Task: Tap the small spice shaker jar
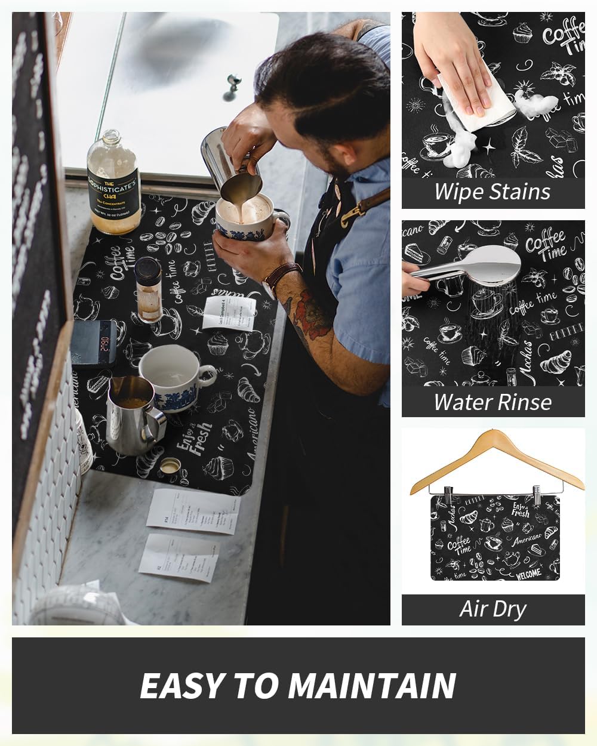149,289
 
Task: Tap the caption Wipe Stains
493,192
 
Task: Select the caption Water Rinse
493,402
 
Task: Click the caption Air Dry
493,609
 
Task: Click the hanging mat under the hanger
495,537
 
